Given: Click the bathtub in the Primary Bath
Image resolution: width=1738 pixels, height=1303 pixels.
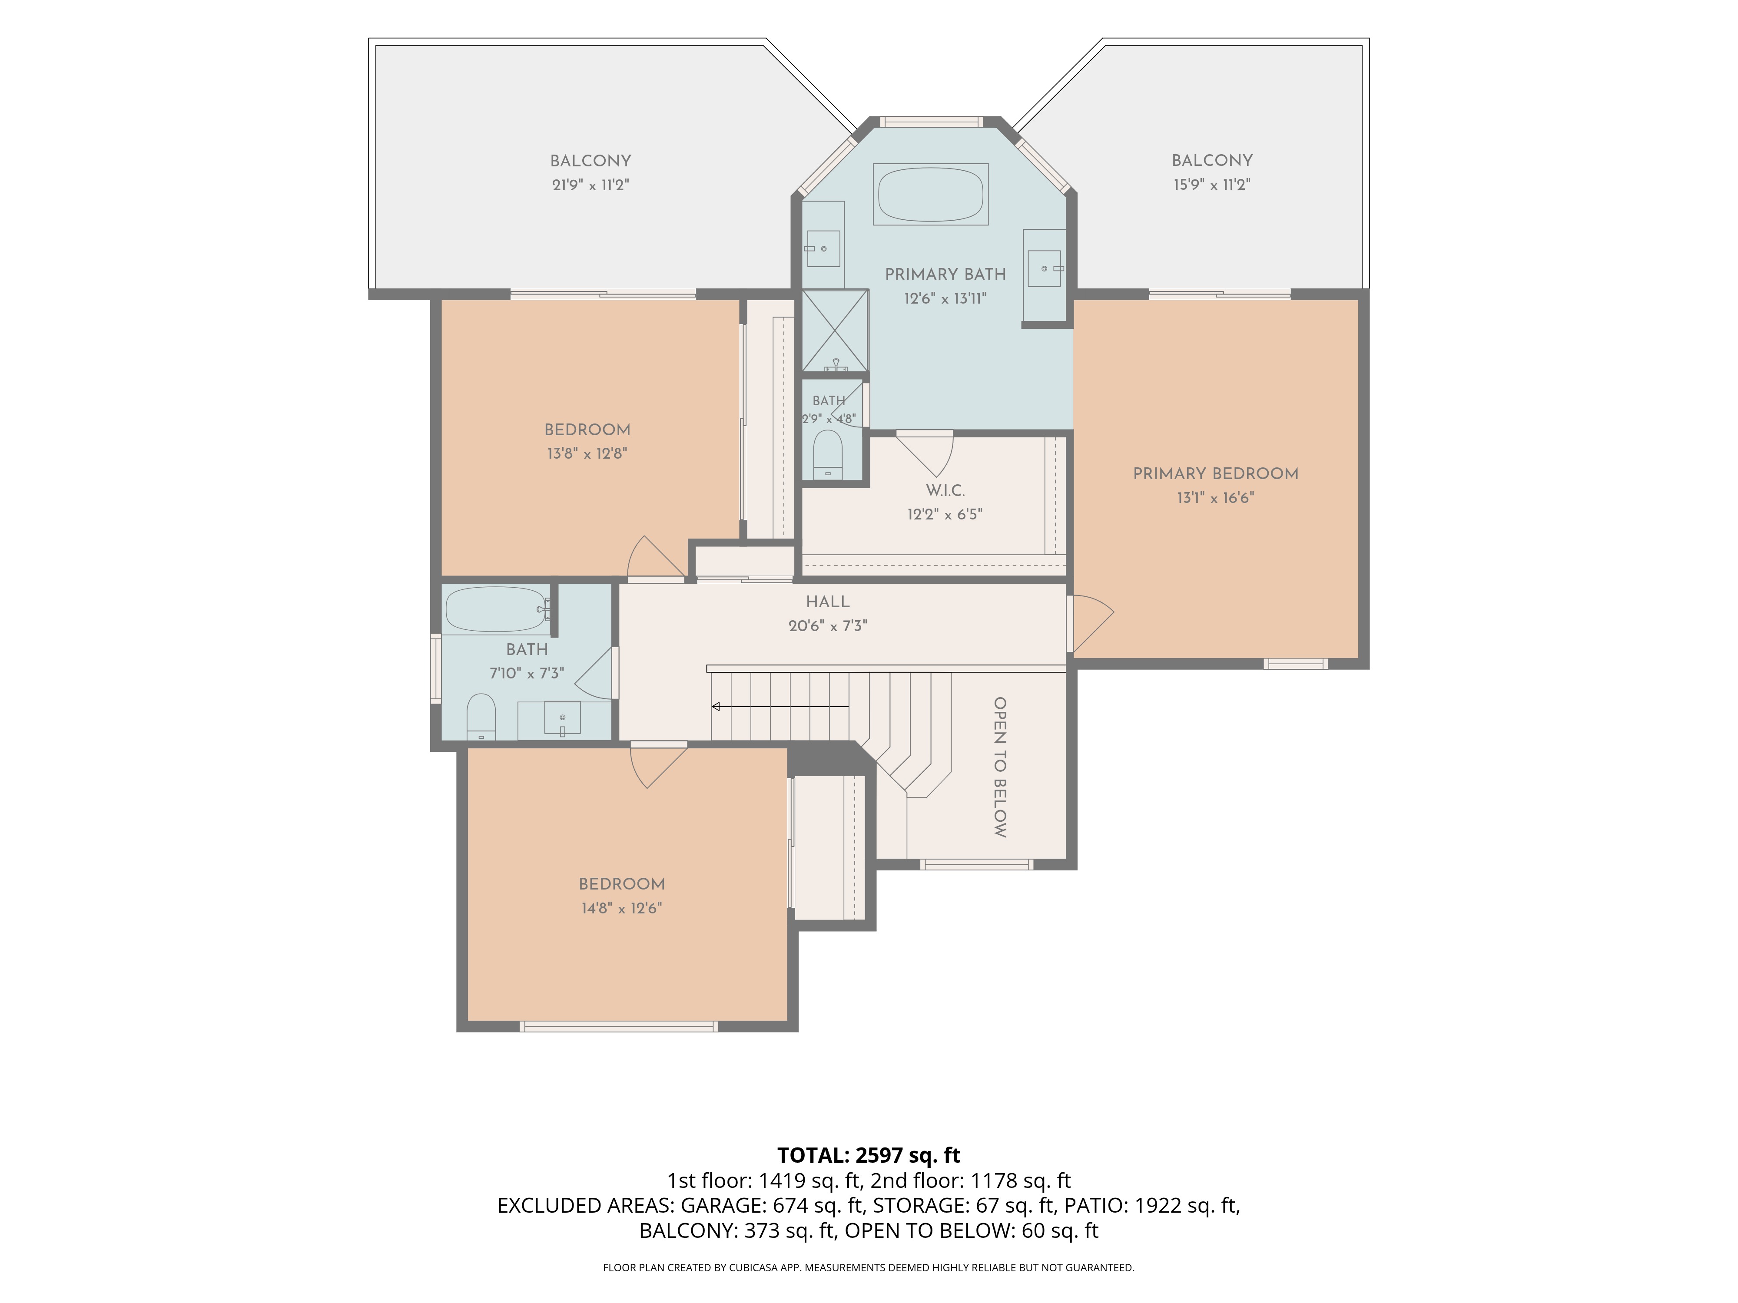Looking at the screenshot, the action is [x=930, y=194].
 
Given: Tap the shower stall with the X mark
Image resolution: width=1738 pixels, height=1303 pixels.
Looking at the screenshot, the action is [x=835, y=330].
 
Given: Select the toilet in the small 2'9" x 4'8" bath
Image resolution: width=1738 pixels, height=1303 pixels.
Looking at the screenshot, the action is [x=827, y=454].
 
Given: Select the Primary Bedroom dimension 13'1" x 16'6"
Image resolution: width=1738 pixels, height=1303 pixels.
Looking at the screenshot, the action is [x=1215, y=498].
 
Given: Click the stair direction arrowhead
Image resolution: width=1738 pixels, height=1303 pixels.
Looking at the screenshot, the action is [x=716, y=707].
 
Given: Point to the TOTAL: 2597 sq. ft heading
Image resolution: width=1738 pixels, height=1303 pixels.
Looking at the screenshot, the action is [x=868, y=1155].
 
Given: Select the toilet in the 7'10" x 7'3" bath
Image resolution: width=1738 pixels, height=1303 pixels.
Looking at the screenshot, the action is [x=481, y=716].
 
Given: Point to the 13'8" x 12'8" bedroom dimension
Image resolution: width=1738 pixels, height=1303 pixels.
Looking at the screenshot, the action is [x=587, y=454].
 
